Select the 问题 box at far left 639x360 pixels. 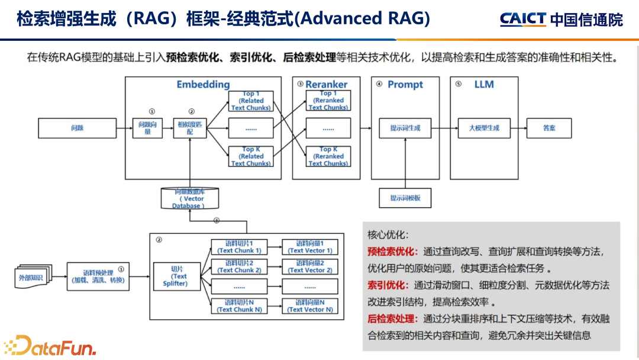click(76, 128)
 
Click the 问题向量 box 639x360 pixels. click(147, 128)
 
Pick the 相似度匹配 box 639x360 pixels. click(190, 128)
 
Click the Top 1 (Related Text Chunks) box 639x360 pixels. click(251, 101)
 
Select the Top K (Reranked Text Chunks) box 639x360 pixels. click(328, 156)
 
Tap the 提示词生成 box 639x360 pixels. click(405, 128)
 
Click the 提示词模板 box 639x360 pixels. click(405, 198)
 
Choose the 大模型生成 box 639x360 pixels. click(484, 128)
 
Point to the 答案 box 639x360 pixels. click(549, 128)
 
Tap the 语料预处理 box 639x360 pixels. click(98, 276)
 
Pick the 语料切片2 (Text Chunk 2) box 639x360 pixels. click(239, 266)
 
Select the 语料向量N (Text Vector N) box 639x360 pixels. click(310, 306)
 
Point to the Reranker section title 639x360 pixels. click(326, 85)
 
